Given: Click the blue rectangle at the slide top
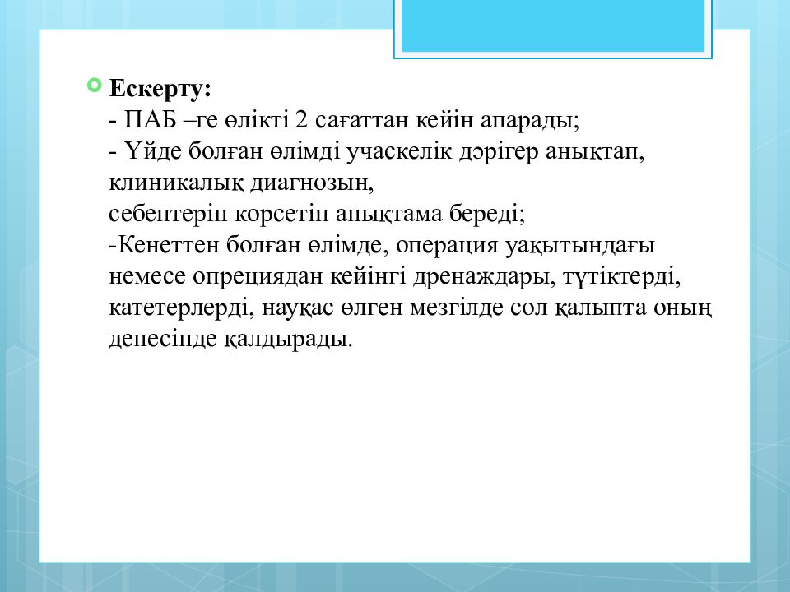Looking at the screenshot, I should click(x=552, y=25).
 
